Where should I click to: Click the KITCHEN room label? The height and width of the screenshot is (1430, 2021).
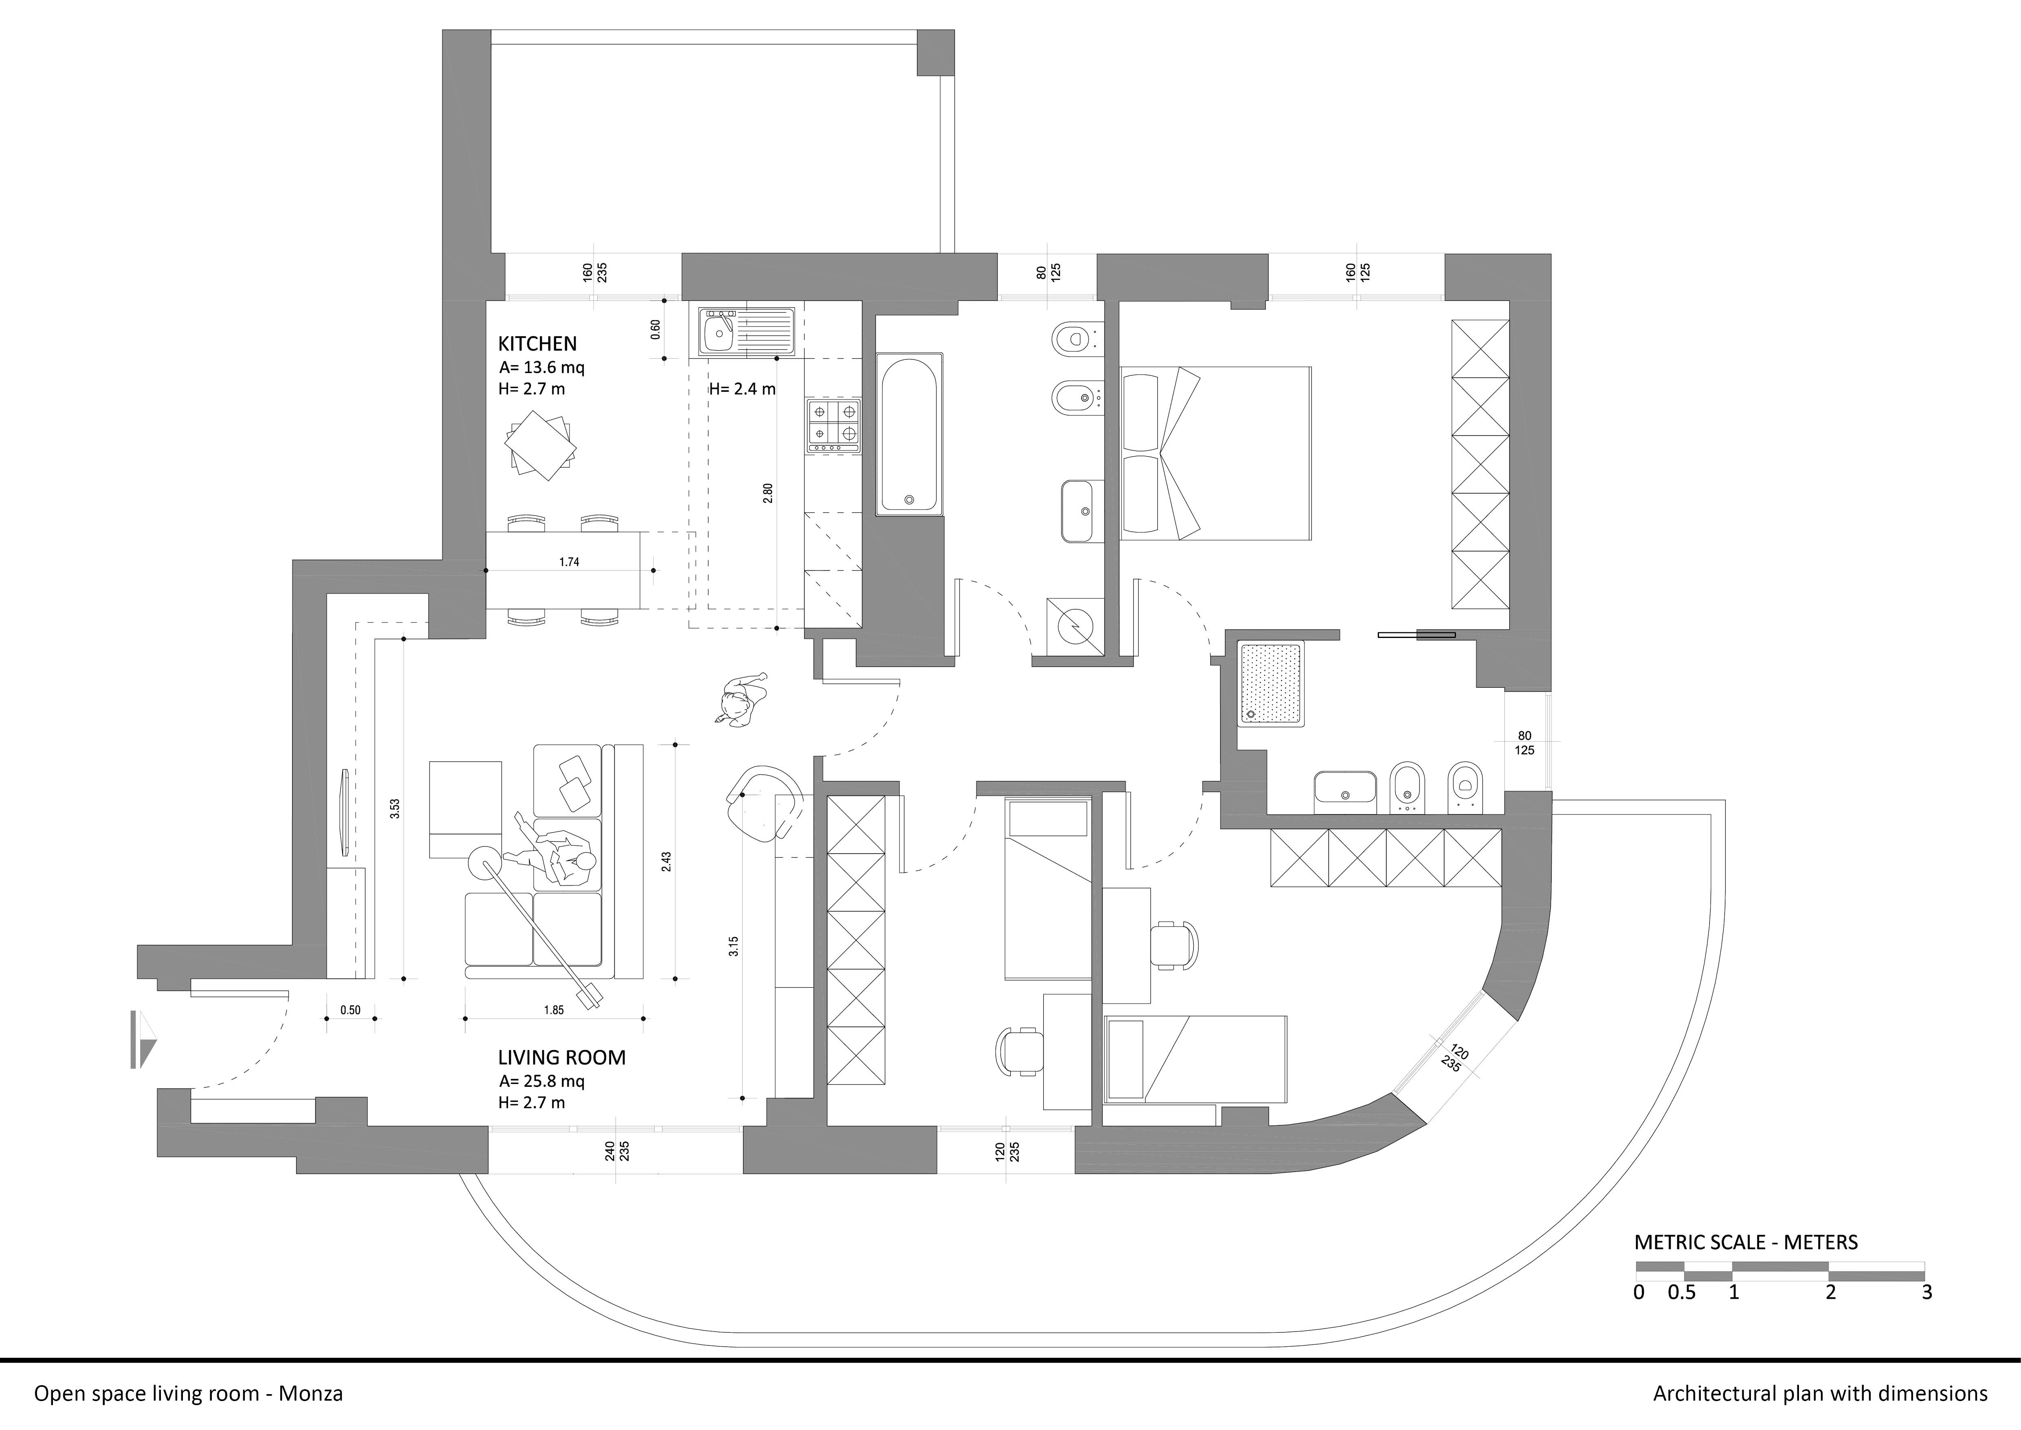click(x=537, y=343)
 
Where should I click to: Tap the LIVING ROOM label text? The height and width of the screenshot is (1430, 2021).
click(x=562, y=1057)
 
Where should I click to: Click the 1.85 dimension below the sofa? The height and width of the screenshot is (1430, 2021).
click(x=554, y=1010)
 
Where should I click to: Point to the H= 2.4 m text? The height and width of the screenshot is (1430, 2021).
click(x=742, y=388)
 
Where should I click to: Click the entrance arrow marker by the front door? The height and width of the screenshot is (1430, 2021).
click(x=143, y=1040)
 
